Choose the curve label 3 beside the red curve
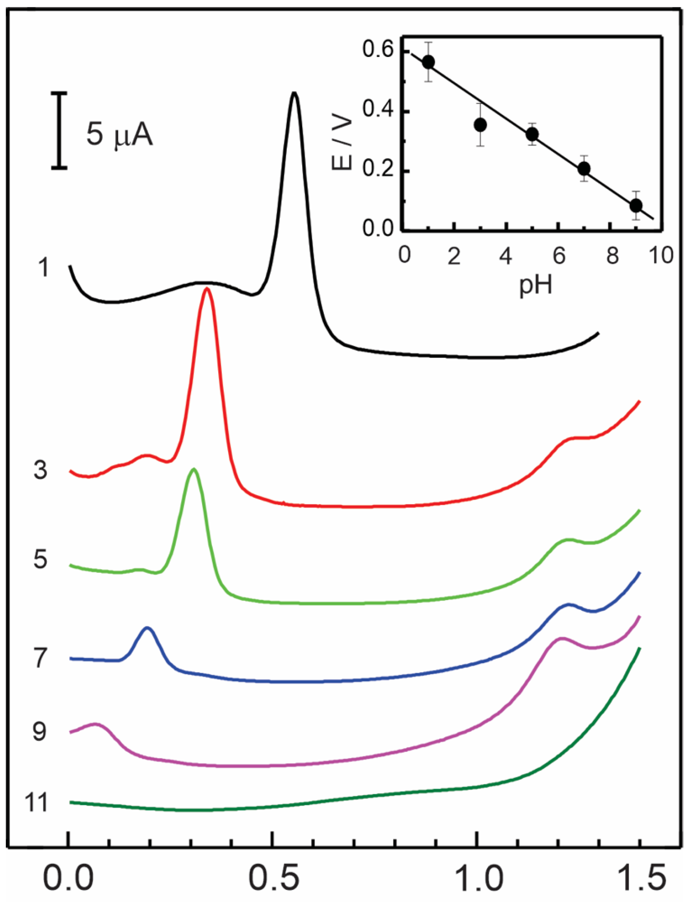(40, 471)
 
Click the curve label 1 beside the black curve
(43, 267)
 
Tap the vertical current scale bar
(59, 131)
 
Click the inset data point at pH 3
(481, 125)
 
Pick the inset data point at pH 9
(636, 206)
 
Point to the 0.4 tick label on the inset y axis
(377, 111)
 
